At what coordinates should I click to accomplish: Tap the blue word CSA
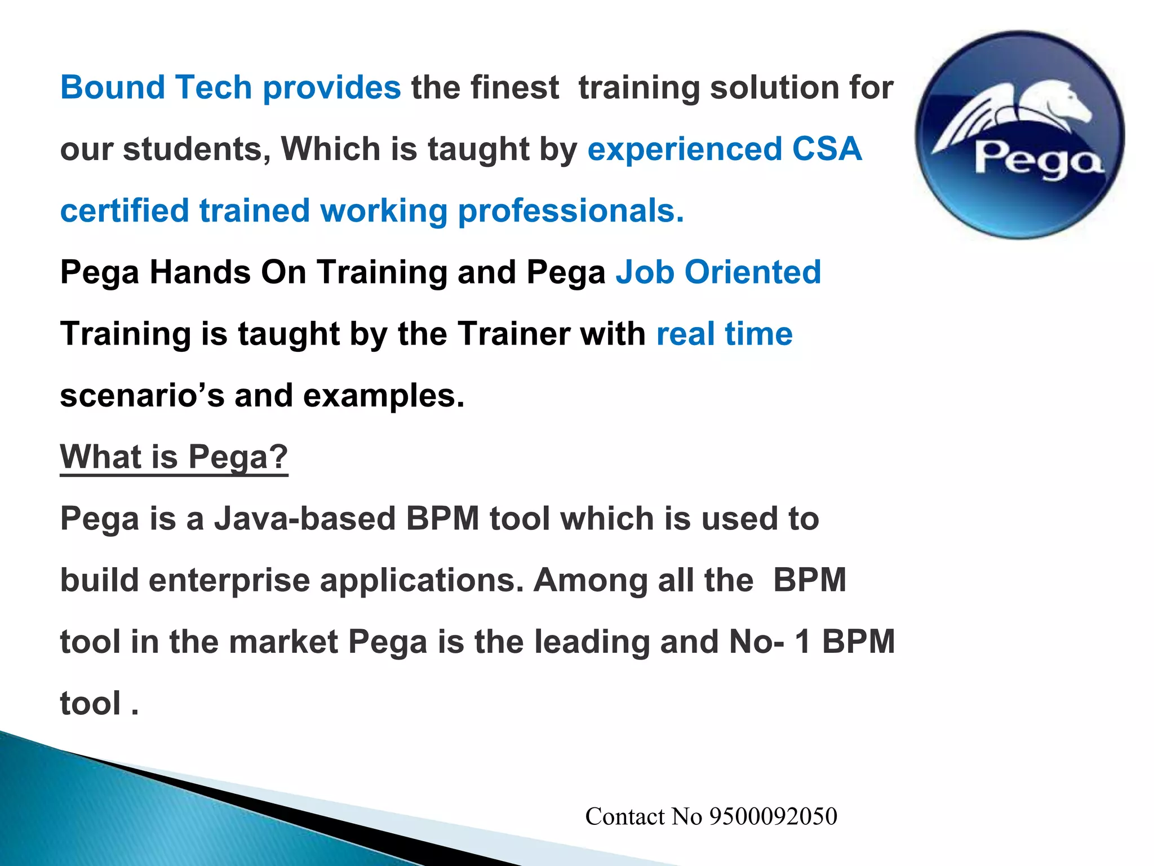tap(827, 149)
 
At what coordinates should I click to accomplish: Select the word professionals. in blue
tap(571, 211)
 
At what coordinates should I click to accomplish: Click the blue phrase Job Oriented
tap(718, 273)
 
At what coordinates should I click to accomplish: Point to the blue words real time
tap(724, 334)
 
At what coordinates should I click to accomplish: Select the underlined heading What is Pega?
tap(174, 457)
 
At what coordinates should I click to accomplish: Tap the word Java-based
tap(305, 519)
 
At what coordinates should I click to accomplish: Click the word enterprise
tap(229, 581)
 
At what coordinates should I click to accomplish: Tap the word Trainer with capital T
tap(513, 334)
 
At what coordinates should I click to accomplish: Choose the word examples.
tap(384, 396)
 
